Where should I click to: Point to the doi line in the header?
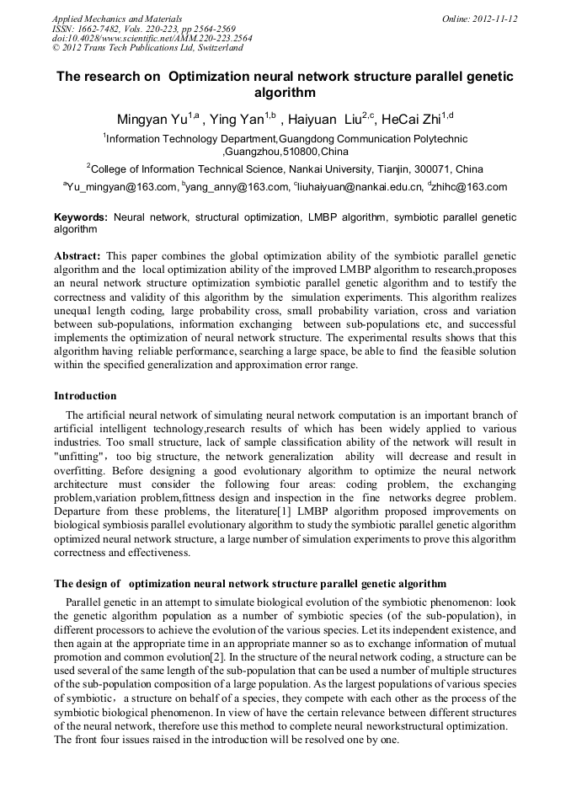click(152, 38)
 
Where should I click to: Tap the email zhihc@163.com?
click(470, 187)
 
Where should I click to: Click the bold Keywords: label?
click(81, 217)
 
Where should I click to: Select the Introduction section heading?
click(85, 395)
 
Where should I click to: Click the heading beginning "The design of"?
click(250, 584)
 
